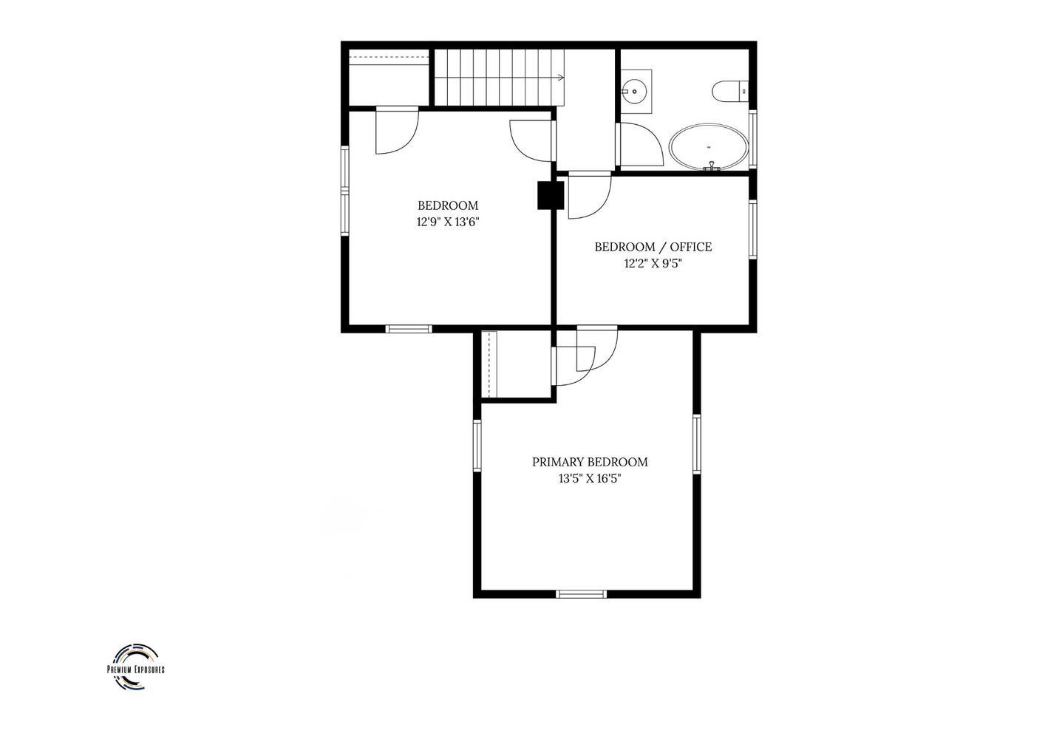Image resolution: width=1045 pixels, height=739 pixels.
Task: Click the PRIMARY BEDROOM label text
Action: pyautogui.click(x=590, y=462)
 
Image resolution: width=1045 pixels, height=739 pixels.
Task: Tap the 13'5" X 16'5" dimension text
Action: pyautogui.click(x=590, y=479)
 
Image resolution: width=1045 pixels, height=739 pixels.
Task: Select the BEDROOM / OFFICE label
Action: pyautogui.click(x=653, y=247)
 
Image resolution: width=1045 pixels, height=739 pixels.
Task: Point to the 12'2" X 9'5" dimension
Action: pyautogui.click(x=653, y=264)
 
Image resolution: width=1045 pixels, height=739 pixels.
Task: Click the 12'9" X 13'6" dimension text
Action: pyautogui.click(x=448, y=222)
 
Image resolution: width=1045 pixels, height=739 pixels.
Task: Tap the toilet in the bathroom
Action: pyautogui.click(x=730, y=91)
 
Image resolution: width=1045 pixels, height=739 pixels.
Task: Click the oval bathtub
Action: pyautogui.click(x=709, y=147)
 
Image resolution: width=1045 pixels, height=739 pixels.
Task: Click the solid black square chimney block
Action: pyautogui.click(x=551, y=195)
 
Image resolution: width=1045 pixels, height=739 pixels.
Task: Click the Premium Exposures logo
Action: pyautogui.click(x=136, y=667)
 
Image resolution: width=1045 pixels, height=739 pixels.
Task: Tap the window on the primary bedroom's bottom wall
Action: pyautogui.click(x=582, y=594)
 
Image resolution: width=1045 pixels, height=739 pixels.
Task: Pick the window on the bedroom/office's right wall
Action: pyautogui.click(x=752, y=229)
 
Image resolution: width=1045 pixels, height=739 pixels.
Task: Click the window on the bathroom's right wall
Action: pyautogui.click(x=752, y=139)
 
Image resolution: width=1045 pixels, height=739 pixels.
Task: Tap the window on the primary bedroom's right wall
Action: pyautogui.click(x=696, y=444)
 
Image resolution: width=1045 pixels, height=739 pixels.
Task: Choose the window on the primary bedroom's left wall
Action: pyautogui.click(x=477, y=446)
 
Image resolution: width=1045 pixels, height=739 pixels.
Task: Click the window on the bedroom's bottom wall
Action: pyautogui.click(x=409, y=329)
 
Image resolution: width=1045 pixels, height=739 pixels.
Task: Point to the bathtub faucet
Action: pyautogui.click(x=712, y=166)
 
